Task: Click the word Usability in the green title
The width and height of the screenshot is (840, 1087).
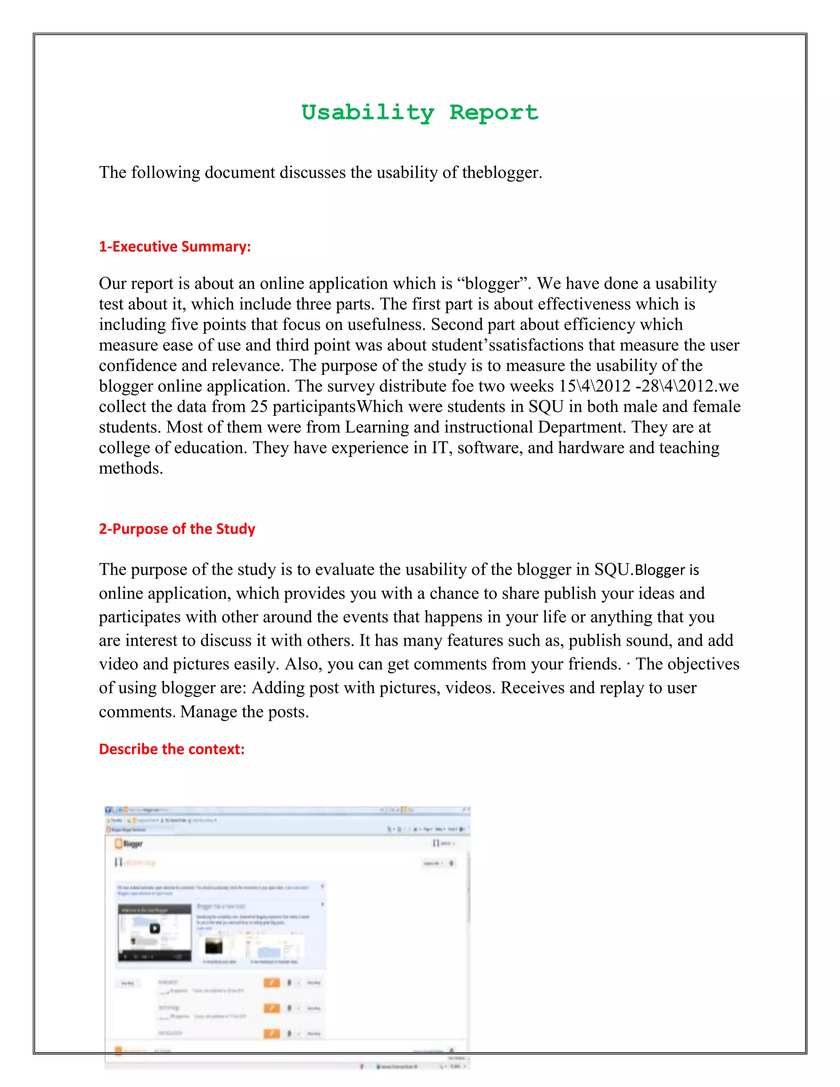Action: (367, 112)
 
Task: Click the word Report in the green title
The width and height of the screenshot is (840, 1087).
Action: (494, 112)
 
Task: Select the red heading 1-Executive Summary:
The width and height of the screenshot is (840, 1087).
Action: (175, 247)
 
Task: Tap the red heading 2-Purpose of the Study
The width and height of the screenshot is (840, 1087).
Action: (177, 529)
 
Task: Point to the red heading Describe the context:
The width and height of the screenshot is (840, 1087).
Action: (172, 749)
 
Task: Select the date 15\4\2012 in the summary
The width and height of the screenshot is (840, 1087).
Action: (595, 386)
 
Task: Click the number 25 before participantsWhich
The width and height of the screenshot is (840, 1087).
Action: (259, 406)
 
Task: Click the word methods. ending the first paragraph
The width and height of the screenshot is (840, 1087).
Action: (131, 468)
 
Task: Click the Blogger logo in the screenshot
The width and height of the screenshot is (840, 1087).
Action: (129, 843)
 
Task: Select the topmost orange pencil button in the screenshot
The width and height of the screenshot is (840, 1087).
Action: (271, 982)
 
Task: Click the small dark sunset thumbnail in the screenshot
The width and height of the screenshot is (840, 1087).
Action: (214, 945)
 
